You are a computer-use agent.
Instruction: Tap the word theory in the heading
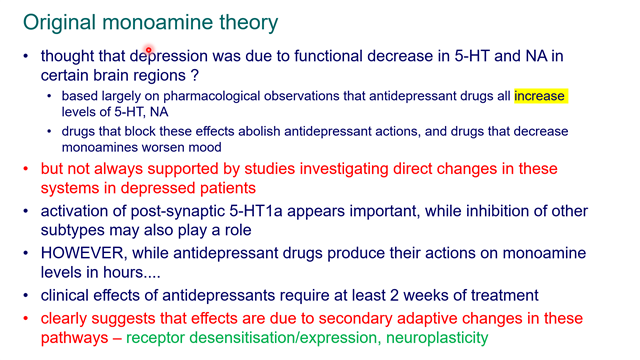[x=242, y=21]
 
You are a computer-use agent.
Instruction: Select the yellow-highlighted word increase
[x=540, y=96]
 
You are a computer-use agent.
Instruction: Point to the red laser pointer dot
[x=148, y=49]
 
